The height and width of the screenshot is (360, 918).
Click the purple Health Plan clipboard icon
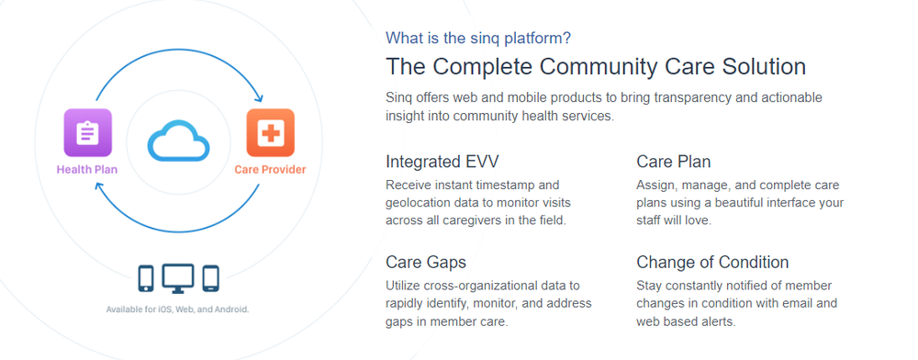pos(87,132)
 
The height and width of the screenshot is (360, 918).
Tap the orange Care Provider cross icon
pos(270,132)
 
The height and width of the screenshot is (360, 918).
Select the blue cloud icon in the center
pos(179,142)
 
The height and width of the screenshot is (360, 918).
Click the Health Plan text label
pos(87,169)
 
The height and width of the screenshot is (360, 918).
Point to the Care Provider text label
pos(270,169)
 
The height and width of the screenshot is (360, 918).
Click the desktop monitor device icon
pos(178,277)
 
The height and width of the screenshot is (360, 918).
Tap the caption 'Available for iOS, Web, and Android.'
pos(177,309)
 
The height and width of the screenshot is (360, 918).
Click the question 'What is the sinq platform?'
pos(477,38)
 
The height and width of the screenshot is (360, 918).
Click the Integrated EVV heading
pos(442,162)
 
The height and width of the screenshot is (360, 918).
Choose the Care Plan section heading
pos(673,162)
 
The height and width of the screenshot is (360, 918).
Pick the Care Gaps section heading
pos(426,263)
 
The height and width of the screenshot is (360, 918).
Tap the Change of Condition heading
pos(712,263)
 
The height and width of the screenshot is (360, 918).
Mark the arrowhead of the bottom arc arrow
pos(98,184)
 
